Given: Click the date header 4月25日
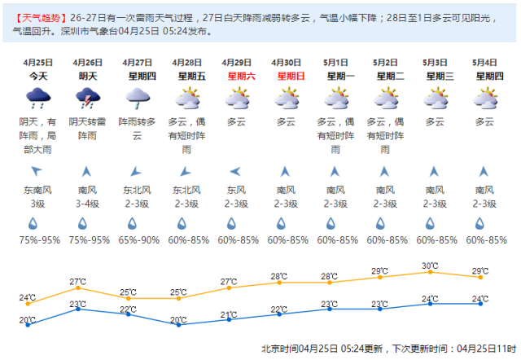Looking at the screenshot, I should click(37, 62).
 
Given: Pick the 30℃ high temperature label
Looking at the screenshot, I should click(431, 266).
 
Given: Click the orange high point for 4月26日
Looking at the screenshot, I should click(78, 288).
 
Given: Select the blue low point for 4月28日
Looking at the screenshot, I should click(178, 323).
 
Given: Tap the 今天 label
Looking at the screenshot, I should click(37, 76).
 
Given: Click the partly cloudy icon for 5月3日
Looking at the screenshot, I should click(435, 99).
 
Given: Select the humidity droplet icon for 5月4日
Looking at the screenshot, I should click(484, 223).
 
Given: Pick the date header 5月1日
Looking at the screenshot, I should click(335, 62).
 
